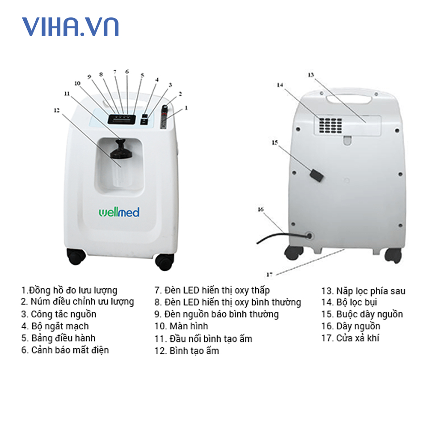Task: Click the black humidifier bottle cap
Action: (120, 149)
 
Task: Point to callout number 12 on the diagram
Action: (56, 110)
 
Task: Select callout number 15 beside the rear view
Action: (275, 143)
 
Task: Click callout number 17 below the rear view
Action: (269, 274)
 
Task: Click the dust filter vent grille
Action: (330, 125)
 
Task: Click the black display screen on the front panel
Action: (121, 119)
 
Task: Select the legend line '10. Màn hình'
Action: (181, 326)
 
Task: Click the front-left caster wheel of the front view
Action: (76, 256)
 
